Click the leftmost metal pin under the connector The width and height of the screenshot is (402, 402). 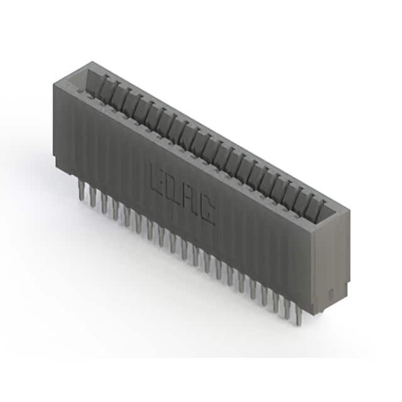coord(82,190)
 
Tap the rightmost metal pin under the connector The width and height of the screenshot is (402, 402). coord(299,316)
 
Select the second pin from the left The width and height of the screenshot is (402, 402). coord(92,197)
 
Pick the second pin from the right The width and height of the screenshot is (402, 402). coord(288,310)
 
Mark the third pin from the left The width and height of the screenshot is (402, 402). coord(104,203)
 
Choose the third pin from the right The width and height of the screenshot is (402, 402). coord(276,303)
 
